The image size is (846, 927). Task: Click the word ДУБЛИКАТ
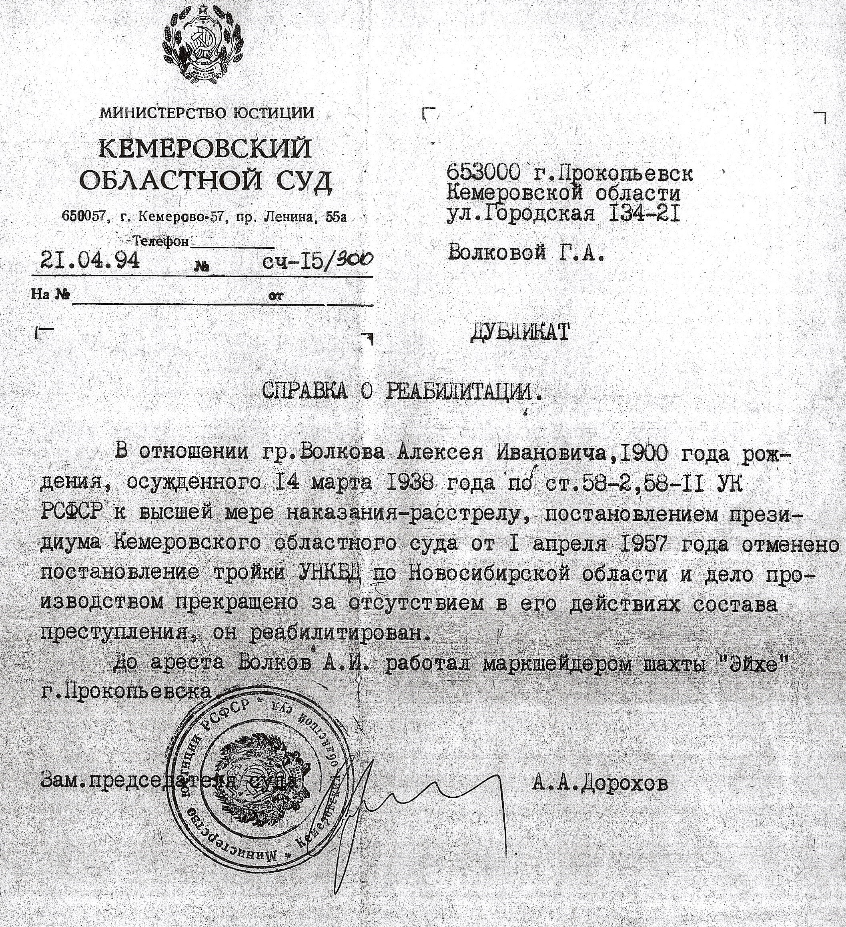tap(519, 332)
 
